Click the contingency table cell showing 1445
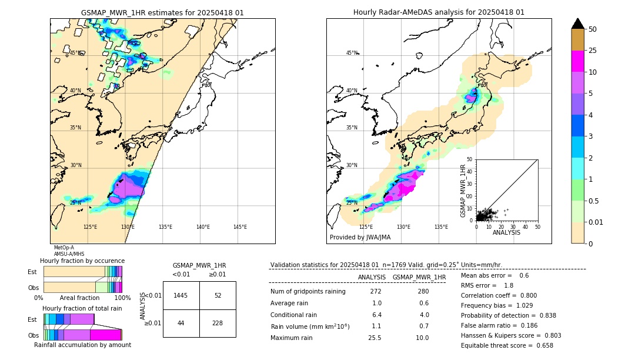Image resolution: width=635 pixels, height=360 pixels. pos(181,295)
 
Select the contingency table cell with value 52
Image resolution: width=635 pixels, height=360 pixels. pos(218,295)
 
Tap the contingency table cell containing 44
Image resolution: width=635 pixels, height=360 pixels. pos(181,324)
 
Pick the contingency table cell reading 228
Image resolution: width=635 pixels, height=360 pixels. pos(218,324)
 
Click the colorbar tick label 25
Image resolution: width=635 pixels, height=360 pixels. pos(593,51)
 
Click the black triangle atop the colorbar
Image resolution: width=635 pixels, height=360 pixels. pos(578,24)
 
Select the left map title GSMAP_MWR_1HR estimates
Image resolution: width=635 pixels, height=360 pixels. pos(162,12)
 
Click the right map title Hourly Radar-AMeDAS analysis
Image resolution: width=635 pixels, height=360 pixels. pos(439,12)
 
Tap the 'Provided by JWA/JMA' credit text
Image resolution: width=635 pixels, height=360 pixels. pos(360,237)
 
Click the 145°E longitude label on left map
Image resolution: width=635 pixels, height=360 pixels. pos(240,227)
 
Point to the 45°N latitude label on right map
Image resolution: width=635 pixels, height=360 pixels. pos(352,53)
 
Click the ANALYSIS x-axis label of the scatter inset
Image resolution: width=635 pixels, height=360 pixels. pos(506,232)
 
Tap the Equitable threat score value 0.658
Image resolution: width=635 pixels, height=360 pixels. pos(542,346)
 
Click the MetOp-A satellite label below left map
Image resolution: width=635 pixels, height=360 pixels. pos(63,248)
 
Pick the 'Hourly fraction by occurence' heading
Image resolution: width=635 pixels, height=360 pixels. pos(82,261)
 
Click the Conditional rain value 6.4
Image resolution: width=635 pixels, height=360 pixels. pos(376,315)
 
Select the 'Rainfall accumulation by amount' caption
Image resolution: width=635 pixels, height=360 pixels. pos(82,345)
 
